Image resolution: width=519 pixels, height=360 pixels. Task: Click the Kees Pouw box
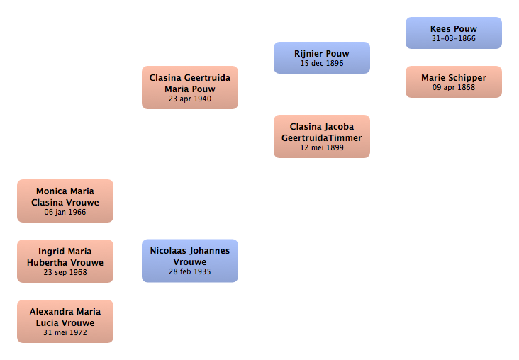(454, 33)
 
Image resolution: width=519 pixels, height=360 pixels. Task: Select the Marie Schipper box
(454, 81)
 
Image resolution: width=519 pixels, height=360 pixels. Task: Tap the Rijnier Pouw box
(322, 57)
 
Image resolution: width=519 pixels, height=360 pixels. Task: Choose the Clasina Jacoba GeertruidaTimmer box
(322, 136)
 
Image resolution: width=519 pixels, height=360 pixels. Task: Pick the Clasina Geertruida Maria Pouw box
(190, 87)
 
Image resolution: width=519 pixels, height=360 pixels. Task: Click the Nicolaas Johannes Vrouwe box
(190, 261)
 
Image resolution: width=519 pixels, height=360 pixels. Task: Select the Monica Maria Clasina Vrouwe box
(65, 201)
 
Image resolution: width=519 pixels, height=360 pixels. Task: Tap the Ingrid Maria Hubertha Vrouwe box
(65, 261)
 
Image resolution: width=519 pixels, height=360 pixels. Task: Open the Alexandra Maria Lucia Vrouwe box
(65, 321)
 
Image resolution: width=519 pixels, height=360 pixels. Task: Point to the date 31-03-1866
(454, 38)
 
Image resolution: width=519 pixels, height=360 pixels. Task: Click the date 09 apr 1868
(454, 87)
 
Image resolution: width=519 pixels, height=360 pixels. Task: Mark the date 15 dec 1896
(322, 63)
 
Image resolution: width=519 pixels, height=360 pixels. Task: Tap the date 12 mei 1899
(322, 147)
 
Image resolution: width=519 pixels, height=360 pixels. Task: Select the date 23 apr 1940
(190, 99)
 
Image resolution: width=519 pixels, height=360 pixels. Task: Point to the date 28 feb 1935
(190, 271)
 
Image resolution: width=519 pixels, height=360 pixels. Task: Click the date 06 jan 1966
(65, 212)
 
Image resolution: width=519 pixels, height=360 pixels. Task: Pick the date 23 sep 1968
(65, 272)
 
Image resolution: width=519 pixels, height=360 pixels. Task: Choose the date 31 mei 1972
(65, 332)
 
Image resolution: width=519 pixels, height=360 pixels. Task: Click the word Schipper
(467, 78)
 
